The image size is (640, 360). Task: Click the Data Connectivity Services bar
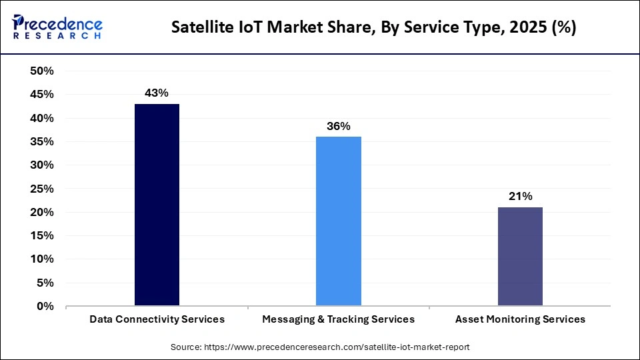click(157, 205)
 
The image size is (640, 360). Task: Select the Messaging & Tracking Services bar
click(339, 221)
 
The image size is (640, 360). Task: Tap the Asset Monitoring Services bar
click(520, 257)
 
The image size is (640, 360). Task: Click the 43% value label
click(157, 93)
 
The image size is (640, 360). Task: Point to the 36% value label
click(339, 126)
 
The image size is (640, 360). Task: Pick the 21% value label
click(520, 196)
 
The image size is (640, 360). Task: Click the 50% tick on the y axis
click(41, 71)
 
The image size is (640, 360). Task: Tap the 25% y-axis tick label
click(41, 189)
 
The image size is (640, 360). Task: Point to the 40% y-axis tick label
click(41, 118)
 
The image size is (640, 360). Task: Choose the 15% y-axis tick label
click(41, 236)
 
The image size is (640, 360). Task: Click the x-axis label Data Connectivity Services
click(157, 319)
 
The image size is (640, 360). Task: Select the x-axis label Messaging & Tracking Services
click(339, 319)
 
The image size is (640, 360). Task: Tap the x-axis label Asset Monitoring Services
click(520, 319)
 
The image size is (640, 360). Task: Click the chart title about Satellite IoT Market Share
click(374, 27)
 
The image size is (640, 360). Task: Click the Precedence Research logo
click(57, 27)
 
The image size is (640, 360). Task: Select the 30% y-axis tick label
click(41, 165)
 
